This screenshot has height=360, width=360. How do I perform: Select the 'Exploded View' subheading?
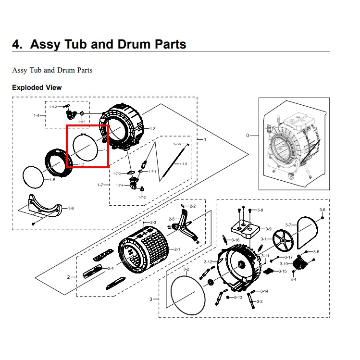click(x=37, y=87)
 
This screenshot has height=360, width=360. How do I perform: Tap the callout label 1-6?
click(x=71, y=208)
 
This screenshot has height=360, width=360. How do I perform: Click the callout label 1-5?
click(x=52, y=180)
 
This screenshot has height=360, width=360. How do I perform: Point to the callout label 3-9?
click(x=268, y=229)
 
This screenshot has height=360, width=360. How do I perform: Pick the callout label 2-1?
click(x=177, y=249)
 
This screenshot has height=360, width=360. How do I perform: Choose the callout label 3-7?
click(x=288, y=225)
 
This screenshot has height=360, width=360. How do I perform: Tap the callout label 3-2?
click(x=186, y=269)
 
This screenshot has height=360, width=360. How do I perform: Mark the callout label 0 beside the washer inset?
click(x=248, y=136)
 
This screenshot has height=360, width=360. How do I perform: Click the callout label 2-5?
click(x=172, y=219)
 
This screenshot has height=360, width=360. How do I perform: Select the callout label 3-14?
click(x=264, y=291)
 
